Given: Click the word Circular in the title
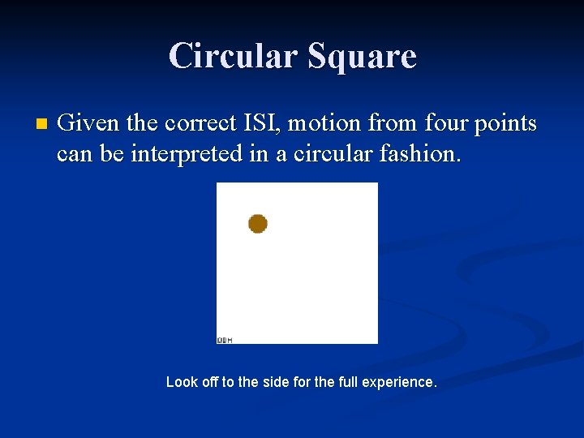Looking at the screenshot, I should [234, 56].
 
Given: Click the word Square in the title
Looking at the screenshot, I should [362, 56].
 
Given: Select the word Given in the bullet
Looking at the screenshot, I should [84, 124].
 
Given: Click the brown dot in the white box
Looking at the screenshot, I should [258, 223].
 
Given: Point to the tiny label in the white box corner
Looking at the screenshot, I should [225, 340].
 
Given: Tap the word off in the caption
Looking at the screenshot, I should [210, 381].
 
